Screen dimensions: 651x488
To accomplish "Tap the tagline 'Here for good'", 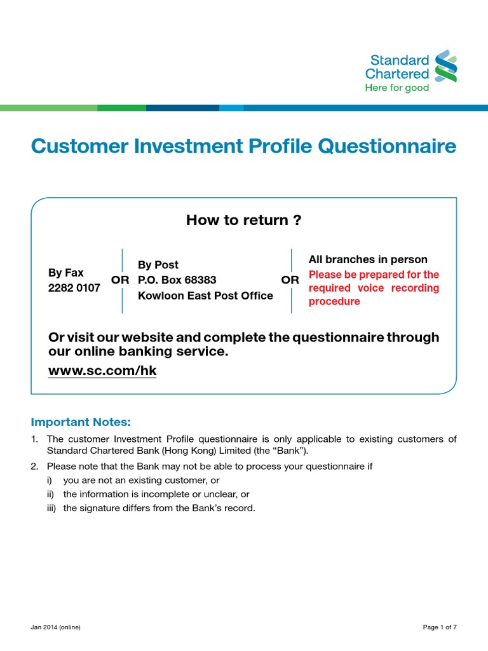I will click(396, 88).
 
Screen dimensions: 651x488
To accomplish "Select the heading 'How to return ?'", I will click(243, 221).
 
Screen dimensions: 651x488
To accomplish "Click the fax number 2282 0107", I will click(74, 287).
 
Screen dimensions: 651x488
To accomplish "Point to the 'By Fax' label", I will click(66, 273).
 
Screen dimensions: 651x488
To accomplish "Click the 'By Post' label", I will click(158, 264).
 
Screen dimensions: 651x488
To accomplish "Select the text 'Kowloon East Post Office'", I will click(205, 296).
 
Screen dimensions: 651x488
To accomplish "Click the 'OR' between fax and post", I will click(120, 280).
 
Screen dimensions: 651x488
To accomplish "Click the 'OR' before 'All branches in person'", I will click(290, 280).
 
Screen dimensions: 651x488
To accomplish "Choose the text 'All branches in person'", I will click(368, 259).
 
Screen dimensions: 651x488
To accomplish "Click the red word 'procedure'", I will click(334, 301).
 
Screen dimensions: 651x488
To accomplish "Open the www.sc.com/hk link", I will click(102, 371).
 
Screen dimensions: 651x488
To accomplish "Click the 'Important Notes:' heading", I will click(81, 422).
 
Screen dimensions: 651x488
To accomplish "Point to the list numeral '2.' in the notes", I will click(35, 467).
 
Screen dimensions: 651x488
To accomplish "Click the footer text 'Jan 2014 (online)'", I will click(55, 627).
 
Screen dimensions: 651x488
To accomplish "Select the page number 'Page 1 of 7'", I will click(440, 627).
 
